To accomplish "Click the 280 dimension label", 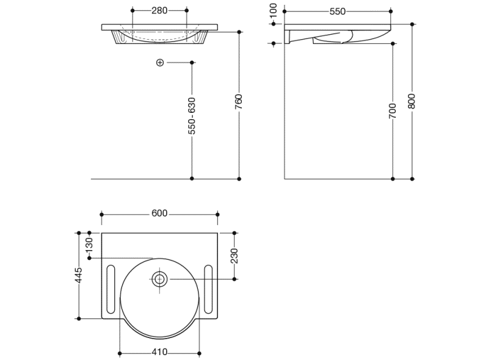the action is (159, 10).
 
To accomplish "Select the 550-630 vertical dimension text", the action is (192, 116).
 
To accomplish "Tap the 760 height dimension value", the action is (239, 102).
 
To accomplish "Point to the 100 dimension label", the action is (273, 11).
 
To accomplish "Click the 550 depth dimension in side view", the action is (338, 12).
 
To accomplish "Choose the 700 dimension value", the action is (392, 111).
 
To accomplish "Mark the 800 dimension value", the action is (412, 101).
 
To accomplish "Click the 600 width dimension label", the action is (159, 214).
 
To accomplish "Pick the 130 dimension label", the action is (89, 245).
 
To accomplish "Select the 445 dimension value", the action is (79, 275).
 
